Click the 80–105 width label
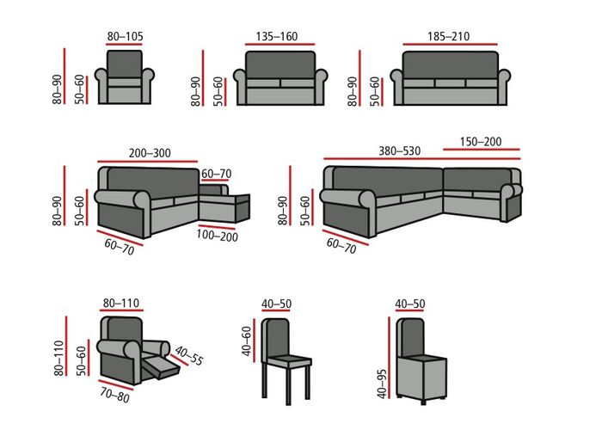click(125, 37)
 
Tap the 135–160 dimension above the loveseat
click(276, 37)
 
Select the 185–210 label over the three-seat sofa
click(448, 37)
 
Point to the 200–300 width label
click(150, 153)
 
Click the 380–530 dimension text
click(399, 151)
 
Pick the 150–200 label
click(481, 142)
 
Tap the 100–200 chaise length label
click(217, 235)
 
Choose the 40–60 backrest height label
click(248, 341)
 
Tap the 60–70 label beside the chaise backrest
click(216, 173)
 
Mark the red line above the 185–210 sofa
click(448, 46)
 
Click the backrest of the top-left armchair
click(125, 64)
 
